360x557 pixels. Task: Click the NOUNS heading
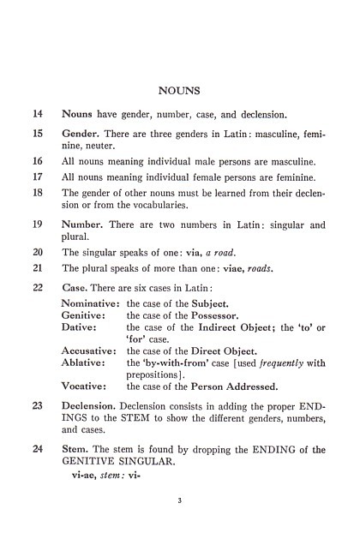pyautogui.click(x=180, y=88)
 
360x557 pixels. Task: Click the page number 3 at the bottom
pyautogui.click(x=180, y=513)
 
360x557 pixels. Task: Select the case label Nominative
pyautogui.click(x=90, y=302)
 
